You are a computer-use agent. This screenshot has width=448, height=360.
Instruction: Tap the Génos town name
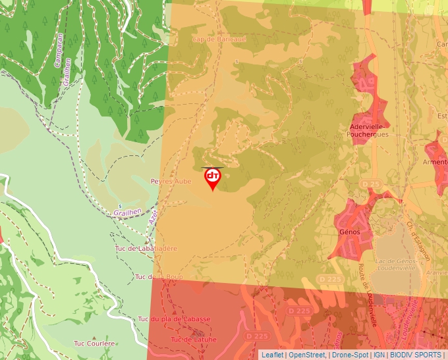tap(350, 232)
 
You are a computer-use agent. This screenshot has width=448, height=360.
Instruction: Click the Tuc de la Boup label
tap(157, 277)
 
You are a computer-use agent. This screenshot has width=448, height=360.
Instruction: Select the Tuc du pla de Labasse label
tap(174, 319)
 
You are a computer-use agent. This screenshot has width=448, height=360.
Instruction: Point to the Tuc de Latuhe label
tap(194, 340)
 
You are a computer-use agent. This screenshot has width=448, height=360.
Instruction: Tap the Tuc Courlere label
tap(94, 343)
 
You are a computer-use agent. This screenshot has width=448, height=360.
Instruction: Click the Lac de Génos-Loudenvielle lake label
tap(394, 265)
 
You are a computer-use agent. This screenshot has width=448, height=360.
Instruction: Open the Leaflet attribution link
tap(272, 355)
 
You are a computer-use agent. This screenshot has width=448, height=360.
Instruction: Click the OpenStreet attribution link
tap(307, 355)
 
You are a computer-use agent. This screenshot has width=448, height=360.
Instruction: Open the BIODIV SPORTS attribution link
tap(416, 355)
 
